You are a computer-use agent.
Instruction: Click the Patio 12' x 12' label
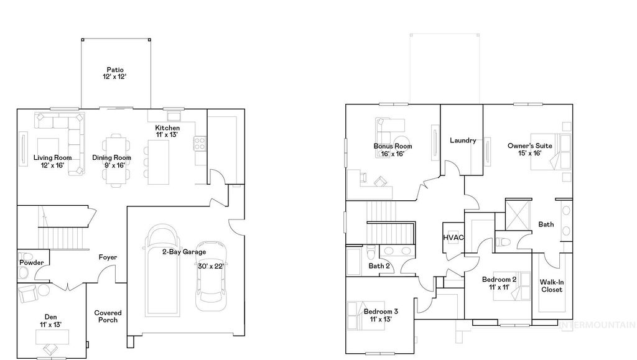point(115,73)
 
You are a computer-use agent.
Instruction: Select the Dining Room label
point(112,162)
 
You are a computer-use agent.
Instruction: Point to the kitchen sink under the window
point(172,116)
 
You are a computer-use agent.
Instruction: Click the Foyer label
point(108,257)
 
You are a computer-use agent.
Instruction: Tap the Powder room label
point(31,262)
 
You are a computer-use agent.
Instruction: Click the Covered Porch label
point(108,316)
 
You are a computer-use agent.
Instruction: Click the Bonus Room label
point(393,150)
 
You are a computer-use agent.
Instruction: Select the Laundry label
point(463,141)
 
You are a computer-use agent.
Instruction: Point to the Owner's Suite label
point(524,149)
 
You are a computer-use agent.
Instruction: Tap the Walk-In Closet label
point(551,285)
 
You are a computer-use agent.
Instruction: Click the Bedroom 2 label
point(499,284)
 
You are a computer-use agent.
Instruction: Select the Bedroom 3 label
point(381,315)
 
